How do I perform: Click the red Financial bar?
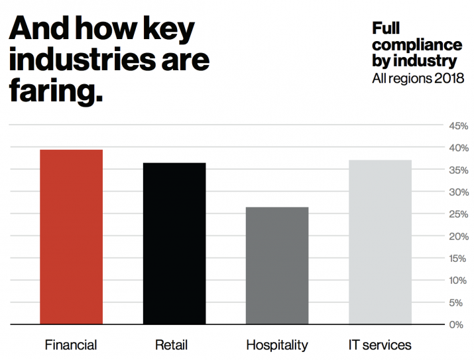coord(71,237)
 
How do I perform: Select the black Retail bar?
coord(174,243)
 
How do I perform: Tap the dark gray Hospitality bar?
coord(276,265)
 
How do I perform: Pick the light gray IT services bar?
coord(380,242)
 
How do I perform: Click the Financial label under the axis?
coord(71,345)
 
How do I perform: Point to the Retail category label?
coord(172,345)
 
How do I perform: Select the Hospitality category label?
coord(277,345)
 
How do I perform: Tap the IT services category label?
coord(380,345)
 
